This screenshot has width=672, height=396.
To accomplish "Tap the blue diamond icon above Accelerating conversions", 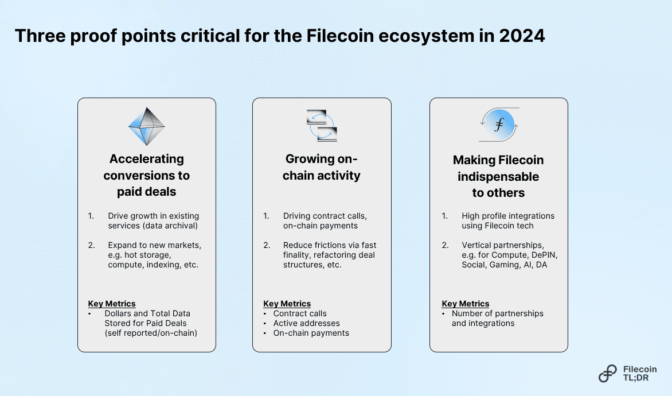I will point(146,126).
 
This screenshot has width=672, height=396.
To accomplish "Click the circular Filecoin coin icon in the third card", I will point(498,125).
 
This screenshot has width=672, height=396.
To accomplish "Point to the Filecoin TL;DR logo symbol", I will point(608,373).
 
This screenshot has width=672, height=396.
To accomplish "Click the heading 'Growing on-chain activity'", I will point(322,167).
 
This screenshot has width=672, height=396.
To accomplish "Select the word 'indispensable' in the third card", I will point(498,176).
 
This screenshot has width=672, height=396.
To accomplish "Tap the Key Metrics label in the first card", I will point(112,304).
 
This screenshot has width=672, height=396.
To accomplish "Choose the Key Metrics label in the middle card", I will point(287,304).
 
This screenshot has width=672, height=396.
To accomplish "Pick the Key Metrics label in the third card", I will point(465,304).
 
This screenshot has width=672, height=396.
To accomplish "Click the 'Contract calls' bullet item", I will point(300,313).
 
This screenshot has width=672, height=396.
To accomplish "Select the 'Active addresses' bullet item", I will point(306,323).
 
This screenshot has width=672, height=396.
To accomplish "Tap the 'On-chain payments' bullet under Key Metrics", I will point(311,333).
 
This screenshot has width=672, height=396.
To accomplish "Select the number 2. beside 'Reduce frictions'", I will point(266,245).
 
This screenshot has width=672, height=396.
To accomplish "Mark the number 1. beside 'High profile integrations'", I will point(444,216).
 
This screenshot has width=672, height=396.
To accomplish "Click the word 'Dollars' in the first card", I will point(120,313).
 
